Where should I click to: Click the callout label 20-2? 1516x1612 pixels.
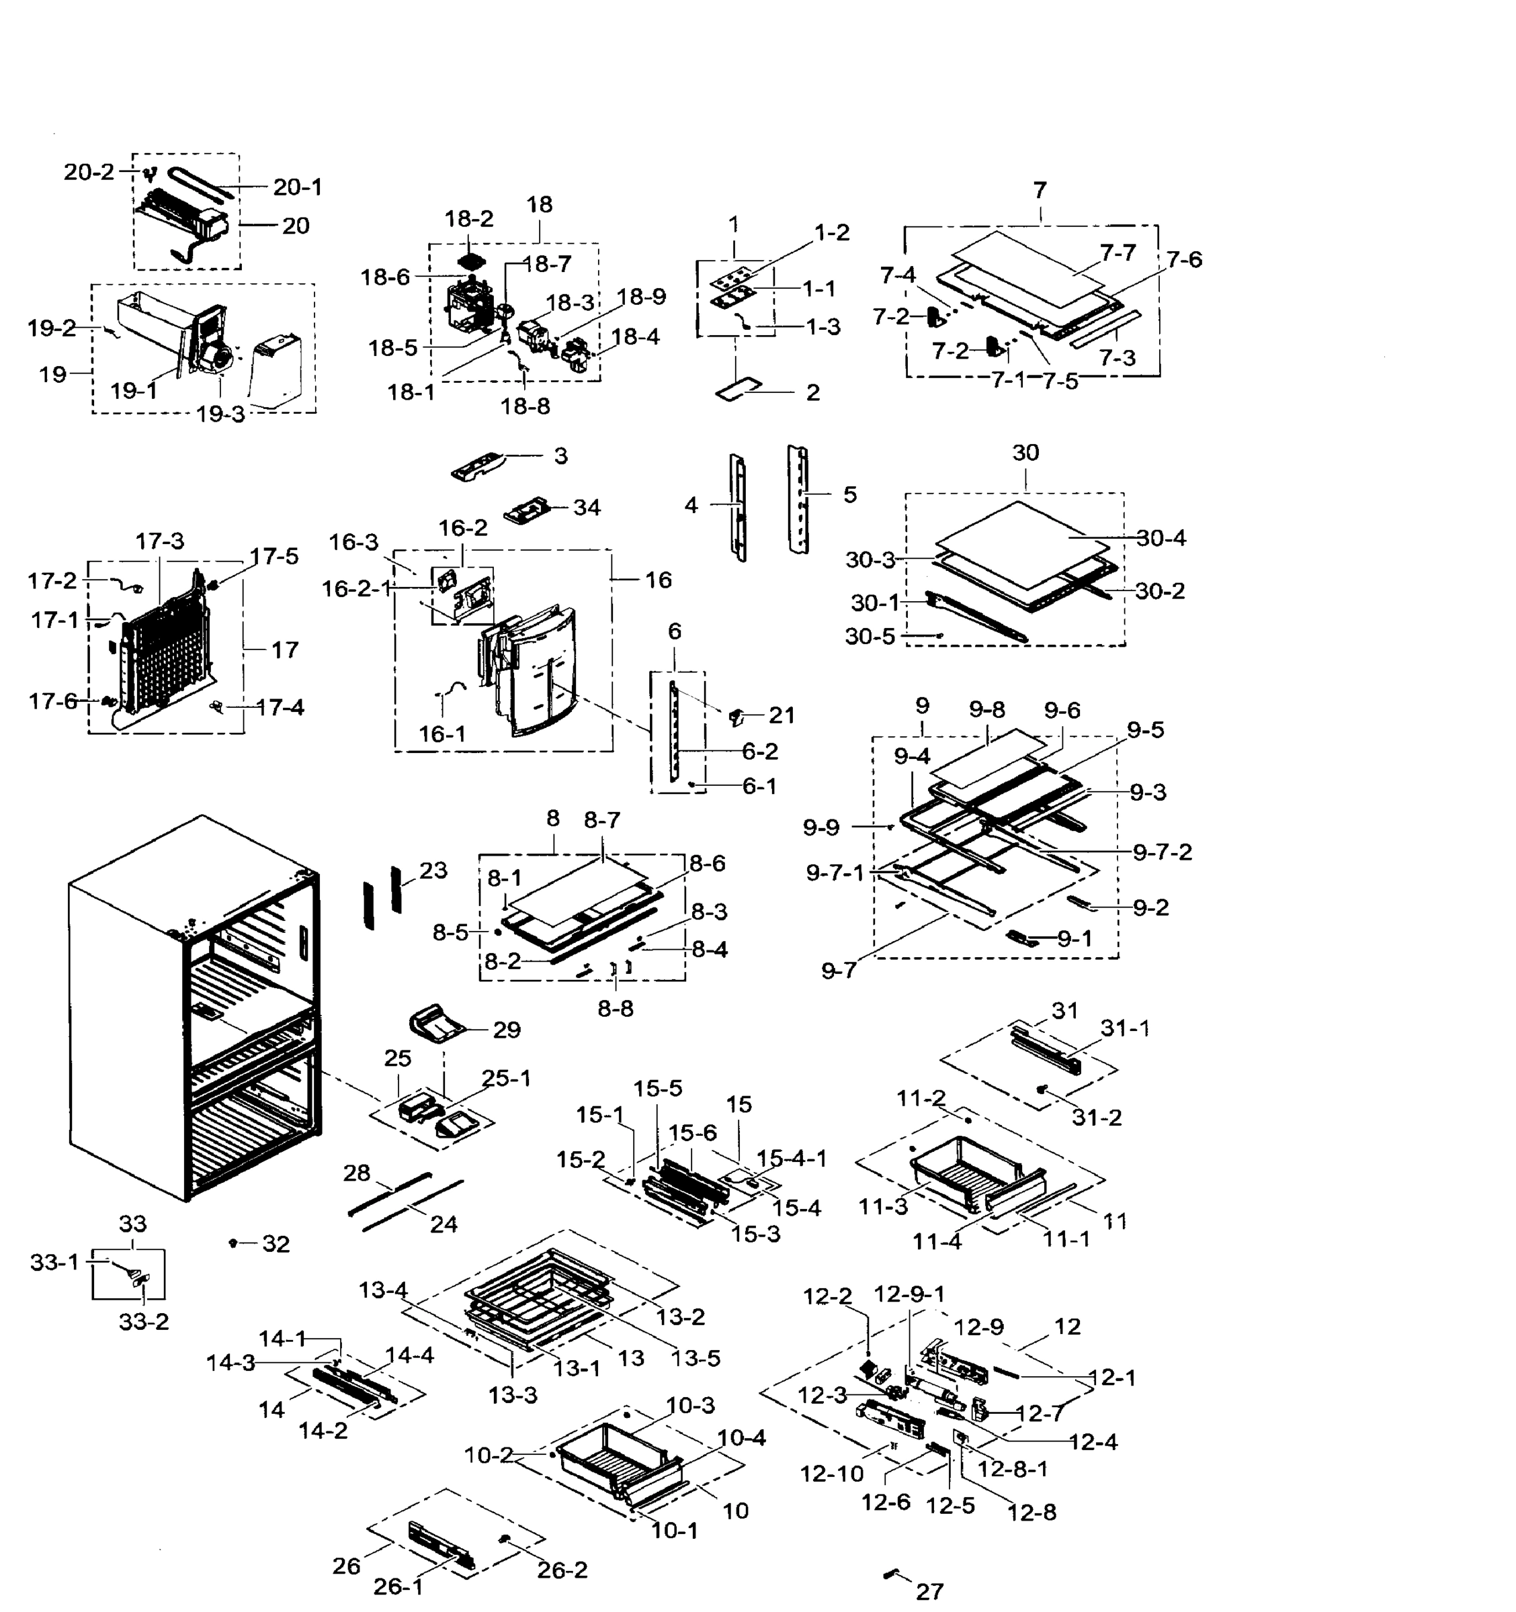(89, 172)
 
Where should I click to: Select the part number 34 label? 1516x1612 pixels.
(587, 508)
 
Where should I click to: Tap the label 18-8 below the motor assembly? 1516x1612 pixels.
(525, 406)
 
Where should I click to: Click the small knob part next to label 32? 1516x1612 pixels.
(234, 1243)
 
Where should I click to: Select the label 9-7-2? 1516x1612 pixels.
(1163, 852)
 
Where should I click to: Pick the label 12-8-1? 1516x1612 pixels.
(1012, 1468)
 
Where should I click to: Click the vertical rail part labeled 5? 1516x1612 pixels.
(799, 498)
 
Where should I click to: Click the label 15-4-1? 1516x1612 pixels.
(792, 1159)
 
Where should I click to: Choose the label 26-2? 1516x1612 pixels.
(562, 1570)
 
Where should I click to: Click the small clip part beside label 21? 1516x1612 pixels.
(736, 715)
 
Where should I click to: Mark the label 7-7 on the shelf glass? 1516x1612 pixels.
(1118, 254)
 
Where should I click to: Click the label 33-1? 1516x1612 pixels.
(54, 1263)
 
